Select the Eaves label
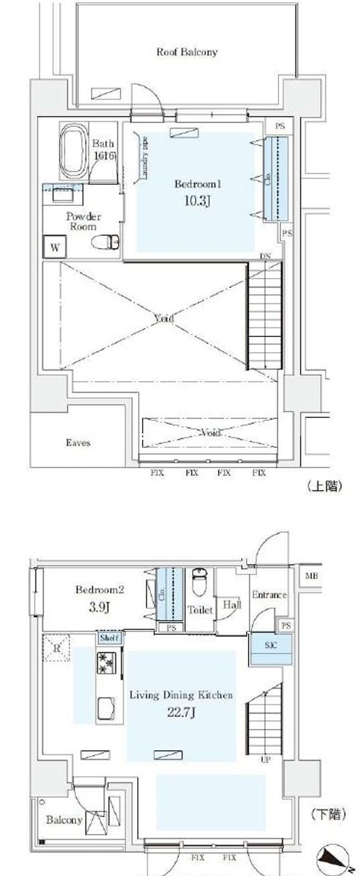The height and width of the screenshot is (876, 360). [78, 443]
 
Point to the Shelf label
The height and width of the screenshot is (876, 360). [109, 638]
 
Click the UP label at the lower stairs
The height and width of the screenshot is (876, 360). [265, 760]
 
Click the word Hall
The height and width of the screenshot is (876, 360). [232, 603]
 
